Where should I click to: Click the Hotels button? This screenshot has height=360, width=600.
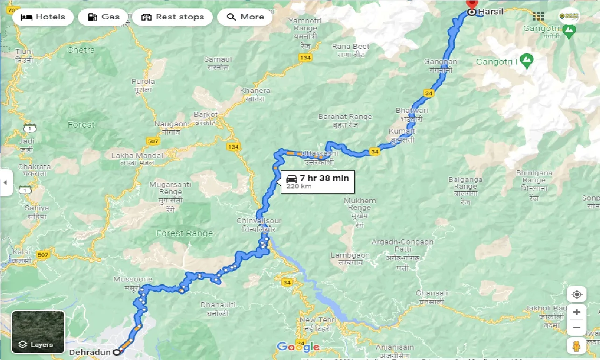coord(43,17)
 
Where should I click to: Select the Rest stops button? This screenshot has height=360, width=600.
coord(172,17)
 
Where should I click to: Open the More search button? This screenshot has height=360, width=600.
coord(245,17)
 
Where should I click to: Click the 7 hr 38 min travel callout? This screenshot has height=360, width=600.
coord(317,181)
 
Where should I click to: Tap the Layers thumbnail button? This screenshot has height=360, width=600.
coord(38,332)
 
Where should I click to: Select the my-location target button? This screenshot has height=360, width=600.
coord(577,295)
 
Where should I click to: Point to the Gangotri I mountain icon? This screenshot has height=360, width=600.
coord(527,60)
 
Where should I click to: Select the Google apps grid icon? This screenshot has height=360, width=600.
coord(538,16)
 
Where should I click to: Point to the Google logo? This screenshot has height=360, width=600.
coord(298,347)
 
